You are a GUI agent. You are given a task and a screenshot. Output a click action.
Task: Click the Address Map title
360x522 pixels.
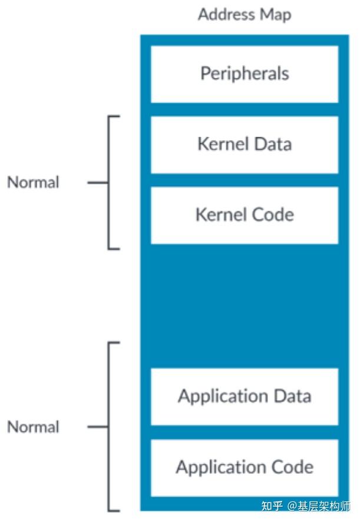click(245, 15)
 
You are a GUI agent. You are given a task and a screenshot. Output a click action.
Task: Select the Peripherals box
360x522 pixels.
click(245, 74)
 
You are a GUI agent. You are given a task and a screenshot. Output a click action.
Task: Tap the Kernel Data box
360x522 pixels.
click(245, 144)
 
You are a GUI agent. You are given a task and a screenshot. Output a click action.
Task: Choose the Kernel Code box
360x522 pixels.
click(245, 215)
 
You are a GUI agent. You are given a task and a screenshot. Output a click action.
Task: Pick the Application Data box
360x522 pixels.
click(245, 397)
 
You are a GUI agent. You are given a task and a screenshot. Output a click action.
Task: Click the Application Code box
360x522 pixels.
click(245, 467)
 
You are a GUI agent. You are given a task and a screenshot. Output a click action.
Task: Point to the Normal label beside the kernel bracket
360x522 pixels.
click(34, 183)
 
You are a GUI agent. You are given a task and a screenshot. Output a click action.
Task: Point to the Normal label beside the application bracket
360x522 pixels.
click(34, 427)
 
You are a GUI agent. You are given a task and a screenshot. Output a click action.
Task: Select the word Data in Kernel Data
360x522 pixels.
click(272, 144)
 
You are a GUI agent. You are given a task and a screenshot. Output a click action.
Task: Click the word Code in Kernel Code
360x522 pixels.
click(273, 215)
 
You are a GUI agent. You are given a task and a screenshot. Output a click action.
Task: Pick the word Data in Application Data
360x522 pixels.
click(291, 397)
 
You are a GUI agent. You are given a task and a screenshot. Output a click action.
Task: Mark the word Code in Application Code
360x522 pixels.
click(293, 467)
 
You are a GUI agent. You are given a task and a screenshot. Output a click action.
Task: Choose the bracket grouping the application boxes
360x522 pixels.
click(110, 427)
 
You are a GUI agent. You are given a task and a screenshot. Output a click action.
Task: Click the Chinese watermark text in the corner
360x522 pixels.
click(306, 506)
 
